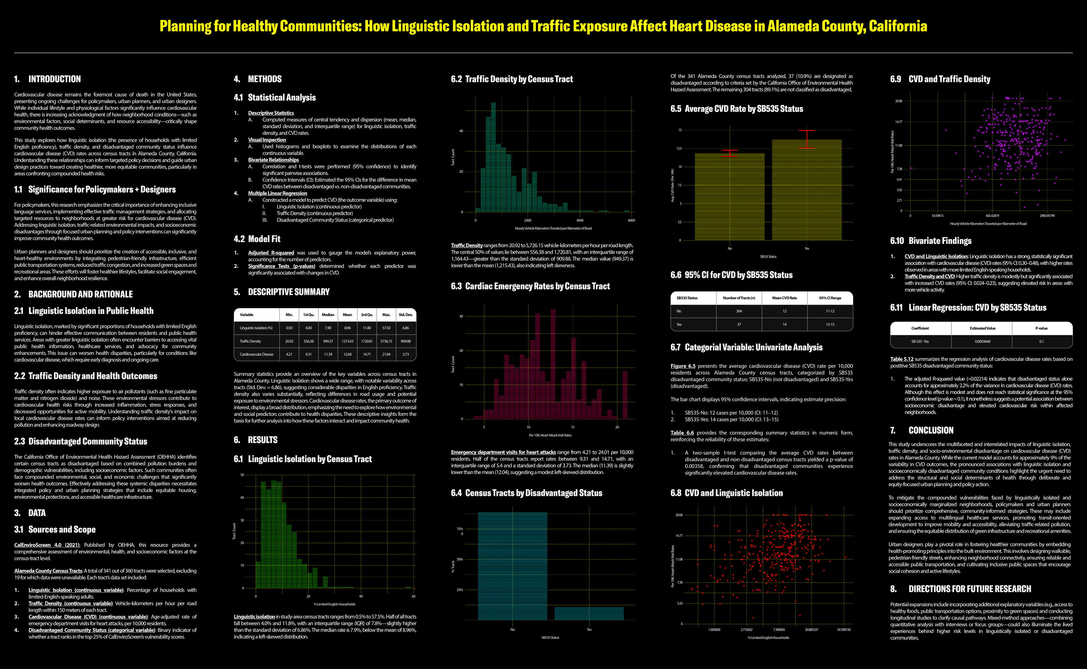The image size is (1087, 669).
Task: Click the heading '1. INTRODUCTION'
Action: tap(47, 79)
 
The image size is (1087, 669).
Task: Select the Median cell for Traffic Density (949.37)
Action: tap(328, 341)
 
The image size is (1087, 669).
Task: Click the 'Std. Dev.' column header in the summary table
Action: tap(405, 315)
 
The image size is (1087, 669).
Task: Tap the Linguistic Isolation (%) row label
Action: tap(256, 328)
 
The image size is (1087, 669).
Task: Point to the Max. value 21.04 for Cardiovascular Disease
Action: tap(386, 354)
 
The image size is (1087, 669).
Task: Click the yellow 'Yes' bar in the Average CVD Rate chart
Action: tap(806, 190)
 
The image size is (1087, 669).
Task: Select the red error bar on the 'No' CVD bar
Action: tap(730, 153)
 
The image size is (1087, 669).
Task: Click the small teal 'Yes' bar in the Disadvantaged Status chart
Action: tap(589, 613)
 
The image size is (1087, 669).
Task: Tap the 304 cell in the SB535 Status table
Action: tap(739, 311)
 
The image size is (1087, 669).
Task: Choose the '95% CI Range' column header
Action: tap(830, 298)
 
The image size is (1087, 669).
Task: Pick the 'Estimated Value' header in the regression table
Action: tap(982, 328)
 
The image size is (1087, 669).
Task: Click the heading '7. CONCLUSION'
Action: tap(921, 430)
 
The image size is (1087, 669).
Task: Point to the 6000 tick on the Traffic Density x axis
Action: tap(631, 220)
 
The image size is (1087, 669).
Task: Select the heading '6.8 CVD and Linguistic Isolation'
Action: tap(726, 493)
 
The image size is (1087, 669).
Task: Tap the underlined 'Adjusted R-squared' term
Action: tap(271, 253)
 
